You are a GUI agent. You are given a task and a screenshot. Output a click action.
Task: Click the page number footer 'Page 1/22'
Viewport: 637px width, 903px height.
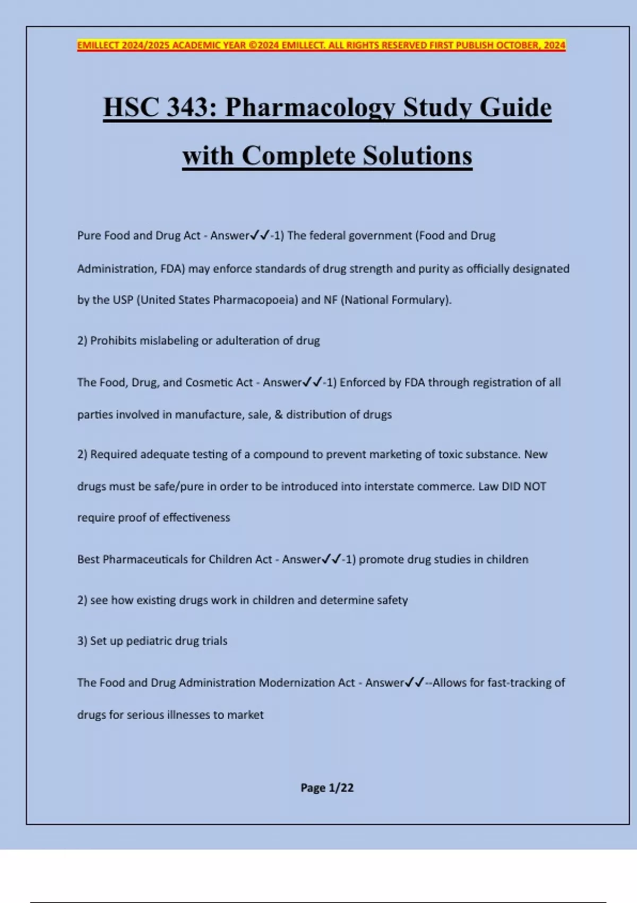pyautogui.click(x=327, y=788)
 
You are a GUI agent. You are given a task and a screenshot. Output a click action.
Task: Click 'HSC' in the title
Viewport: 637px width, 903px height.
pyautogui.click(x=131, y=107)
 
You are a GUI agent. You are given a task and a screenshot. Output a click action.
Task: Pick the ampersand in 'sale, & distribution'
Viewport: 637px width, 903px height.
pyautogui.click(x=279, y=414)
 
